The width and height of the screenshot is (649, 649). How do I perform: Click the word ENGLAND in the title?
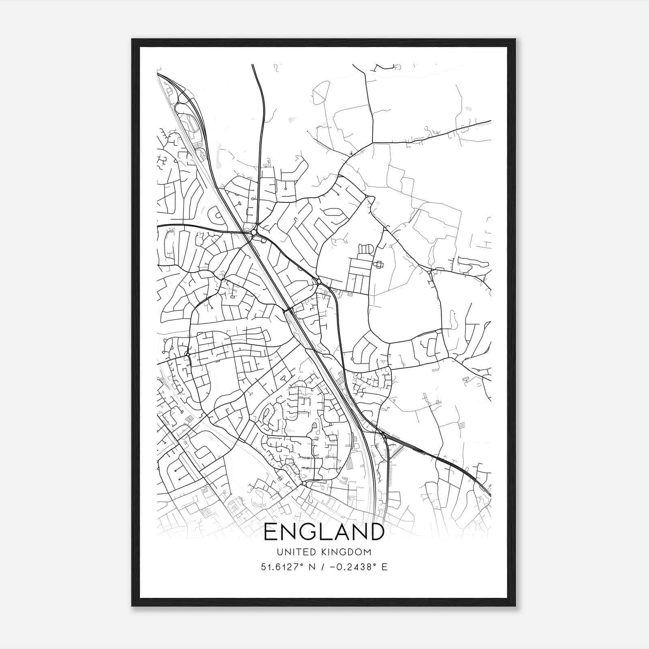tap(324, 532)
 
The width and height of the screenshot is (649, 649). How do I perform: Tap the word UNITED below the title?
tap(293, 552)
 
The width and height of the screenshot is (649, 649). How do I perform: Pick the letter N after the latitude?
tap(312, 567)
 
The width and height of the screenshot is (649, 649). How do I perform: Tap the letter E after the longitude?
tap(385, 567)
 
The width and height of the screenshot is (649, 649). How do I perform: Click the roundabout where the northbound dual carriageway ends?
tap(254, 232)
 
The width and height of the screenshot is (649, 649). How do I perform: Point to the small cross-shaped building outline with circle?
tap(378, 264)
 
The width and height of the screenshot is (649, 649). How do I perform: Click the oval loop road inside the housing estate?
tap(332, 211)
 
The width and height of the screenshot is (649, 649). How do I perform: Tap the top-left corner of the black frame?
tap(133, 40)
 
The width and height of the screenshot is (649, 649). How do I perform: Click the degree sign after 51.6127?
tap(301, 564)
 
